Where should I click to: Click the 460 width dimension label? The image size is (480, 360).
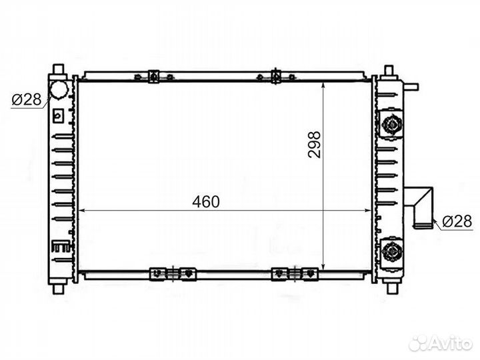tap(206, 202)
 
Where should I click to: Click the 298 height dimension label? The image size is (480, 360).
tap(315, 145)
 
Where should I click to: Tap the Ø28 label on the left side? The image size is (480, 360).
tap(26, 99)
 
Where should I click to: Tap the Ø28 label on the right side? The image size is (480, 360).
tap(457, 221)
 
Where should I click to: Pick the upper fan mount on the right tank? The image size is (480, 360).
tap(391, 124)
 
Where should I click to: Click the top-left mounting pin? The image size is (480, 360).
tap(59, 69)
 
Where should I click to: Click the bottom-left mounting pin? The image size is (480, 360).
tap(59, 289)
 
